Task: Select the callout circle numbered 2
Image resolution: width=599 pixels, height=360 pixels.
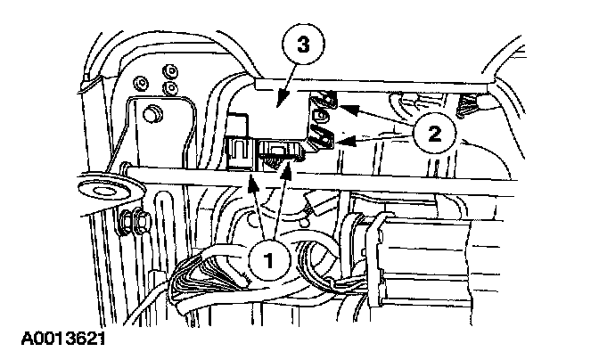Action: coord(434,135)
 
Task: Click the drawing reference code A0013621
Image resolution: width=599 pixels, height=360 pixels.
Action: coord(60,340)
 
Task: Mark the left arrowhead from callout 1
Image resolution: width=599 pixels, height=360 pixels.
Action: coord(253,184)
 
